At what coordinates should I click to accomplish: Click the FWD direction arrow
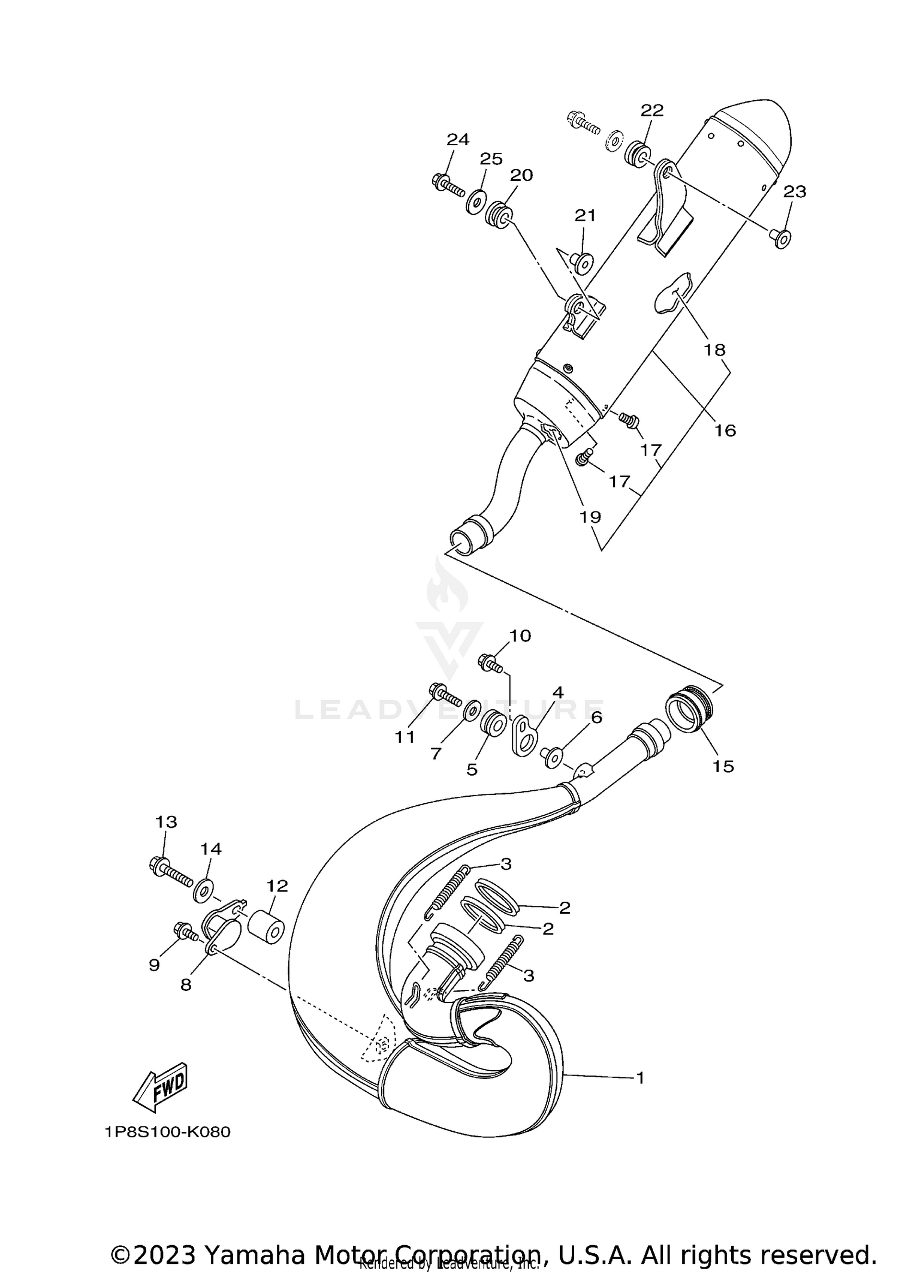(160, 1088)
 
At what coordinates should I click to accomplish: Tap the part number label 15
(723, 766)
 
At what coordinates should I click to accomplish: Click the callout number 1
(639, 1078)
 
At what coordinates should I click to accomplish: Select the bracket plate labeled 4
(524, 735)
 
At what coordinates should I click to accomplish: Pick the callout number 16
(725, 430)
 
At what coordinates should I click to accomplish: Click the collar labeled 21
(582, 261)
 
